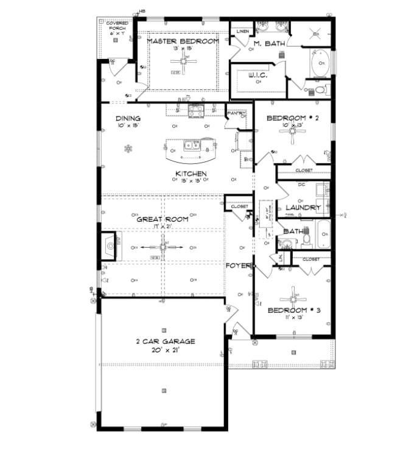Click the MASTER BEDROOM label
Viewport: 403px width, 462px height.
183,41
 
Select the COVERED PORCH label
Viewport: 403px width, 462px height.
117,27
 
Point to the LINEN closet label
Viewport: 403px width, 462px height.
243,30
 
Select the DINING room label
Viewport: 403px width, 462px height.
128,119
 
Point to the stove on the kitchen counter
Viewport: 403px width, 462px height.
196,110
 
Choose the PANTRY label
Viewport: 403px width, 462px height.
235,113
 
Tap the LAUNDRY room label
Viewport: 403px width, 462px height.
298,208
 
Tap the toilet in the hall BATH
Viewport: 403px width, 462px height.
306,240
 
